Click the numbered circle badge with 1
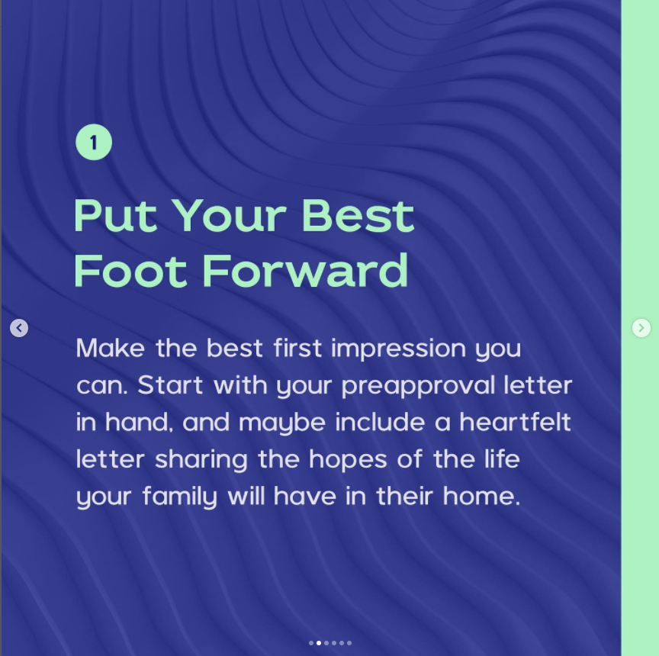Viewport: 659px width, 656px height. pyautogui.click(x=94, y=143)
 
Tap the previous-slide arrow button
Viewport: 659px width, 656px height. pyautogui.click(x=19, y=328)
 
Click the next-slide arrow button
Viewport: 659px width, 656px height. pyautogui.click(x=641, y=328)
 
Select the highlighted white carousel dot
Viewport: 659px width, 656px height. pyautogui.click(x=319, y=643)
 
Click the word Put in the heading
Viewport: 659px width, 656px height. pyautogui.click(x=114, y=216)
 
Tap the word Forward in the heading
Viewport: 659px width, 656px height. pyautogui.click(x=305, y=272)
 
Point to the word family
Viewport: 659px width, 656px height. pyautogui.click(x=179, y=497)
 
